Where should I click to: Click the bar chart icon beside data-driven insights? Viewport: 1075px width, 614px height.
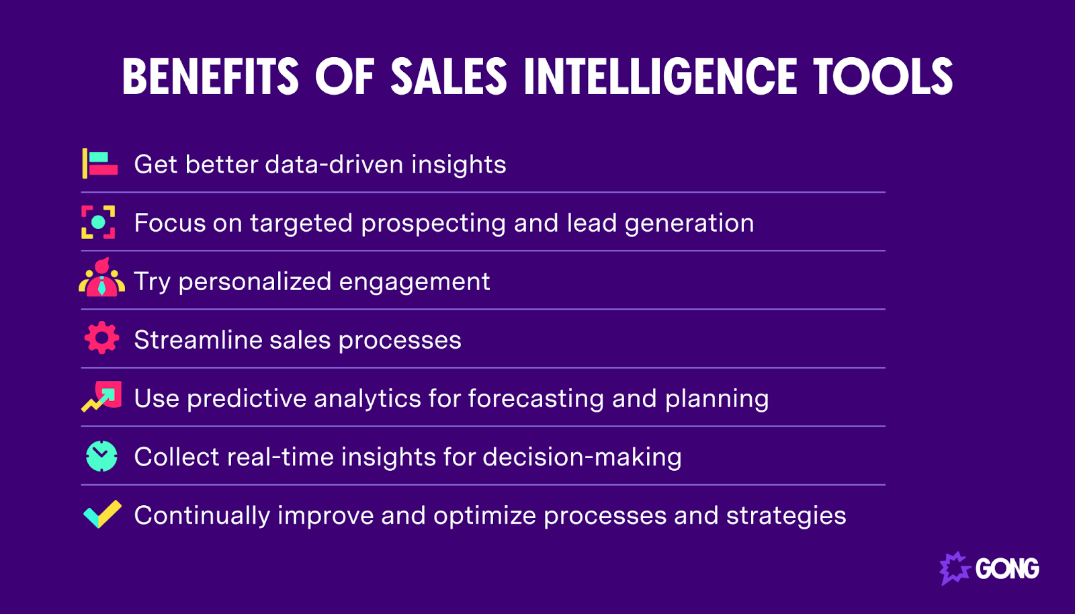click(99, 164)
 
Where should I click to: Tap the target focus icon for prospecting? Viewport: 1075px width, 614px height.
click(98, 222)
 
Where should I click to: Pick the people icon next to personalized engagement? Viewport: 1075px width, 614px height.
click(101, 278)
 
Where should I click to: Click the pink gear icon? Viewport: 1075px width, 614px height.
click(101, 338)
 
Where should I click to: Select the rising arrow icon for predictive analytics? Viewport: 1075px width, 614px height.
click(102, 396)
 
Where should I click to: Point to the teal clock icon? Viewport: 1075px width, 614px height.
click(101, 456)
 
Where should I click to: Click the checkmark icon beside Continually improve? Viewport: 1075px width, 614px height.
click(102, 515)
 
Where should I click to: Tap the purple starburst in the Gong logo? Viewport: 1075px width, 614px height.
click(954, 568)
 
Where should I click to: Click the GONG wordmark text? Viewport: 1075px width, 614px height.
click(1007, 569)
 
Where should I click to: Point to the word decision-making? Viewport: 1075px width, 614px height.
click(582, 457)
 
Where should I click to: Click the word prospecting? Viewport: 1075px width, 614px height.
click(433, 224)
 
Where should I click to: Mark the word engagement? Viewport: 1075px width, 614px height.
click(414, 282)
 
